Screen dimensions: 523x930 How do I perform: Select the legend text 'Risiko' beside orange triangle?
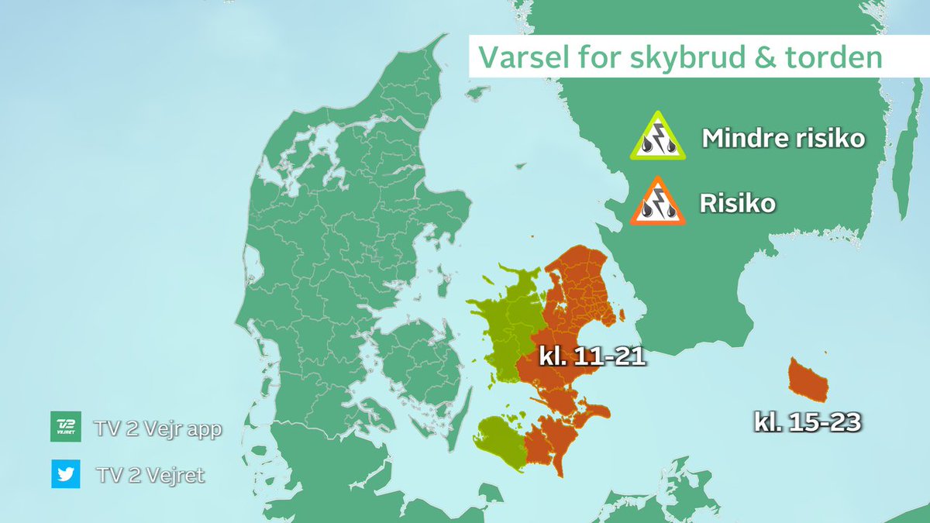click(x=737, y=205)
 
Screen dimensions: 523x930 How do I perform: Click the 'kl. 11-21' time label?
click(x=592, y=358)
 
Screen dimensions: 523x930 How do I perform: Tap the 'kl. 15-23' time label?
click(x=808, y=422)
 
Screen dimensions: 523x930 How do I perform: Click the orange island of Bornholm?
click(x=807, y=377)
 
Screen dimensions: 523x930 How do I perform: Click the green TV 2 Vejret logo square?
click(x=66, y=427)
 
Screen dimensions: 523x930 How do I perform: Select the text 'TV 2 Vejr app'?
click(x=157, y=428)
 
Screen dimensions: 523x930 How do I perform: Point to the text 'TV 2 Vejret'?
click(x=149, y=474)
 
